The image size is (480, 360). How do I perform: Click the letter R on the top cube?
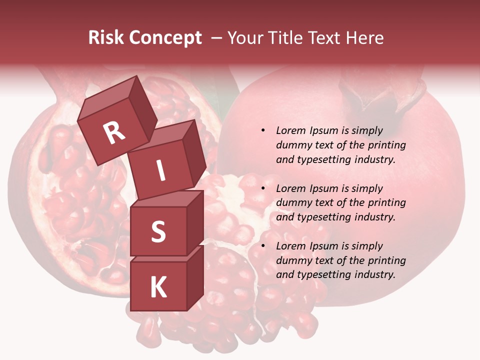[x=114, y=132]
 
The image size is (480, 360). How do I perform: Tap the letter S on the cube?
[x=158, y=231]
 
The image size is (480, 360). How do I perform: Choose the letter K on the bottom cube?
[x=158, y=287]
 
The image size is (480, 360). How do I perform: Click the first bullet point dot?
[x=263, y=131]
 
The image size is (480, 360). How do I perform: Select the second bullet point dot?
[x=263, y=189]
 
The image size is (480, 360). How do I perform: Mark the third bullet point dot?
[x=263, y=246]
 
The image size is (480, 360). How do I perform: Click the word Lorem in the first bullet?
[x=290, y=130]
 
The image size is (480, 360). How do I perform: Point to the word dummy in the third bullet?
[x=291, y=260]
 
